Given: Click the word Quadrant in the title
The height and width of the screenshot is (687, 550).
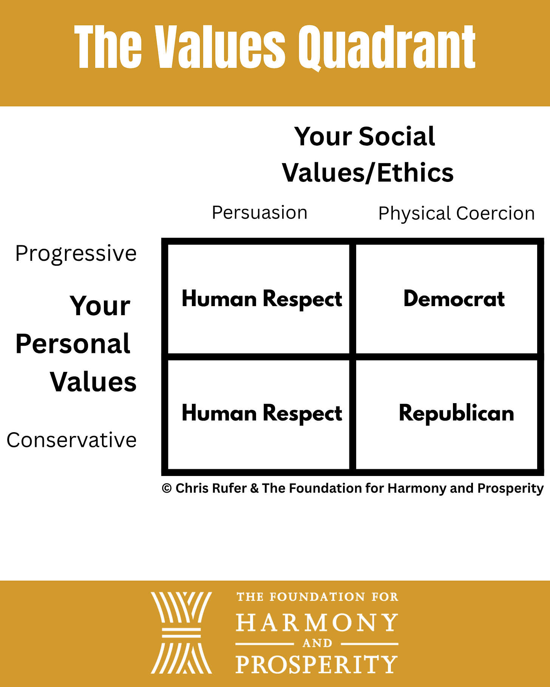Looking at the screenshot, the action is (x=387, y=48).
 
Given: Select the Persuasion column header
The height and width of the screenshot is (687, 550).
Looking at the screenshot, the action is (x=260, y=213).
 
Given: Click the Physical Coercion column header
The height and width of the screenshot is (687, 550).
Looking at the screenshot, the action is (x=456, y=214).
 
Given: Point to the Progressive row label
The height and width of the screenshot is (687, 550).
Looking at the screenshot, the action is (x=76, y=254).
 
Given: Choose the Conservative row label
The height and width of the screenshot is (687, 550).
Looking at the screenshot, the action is (x=71, y=440).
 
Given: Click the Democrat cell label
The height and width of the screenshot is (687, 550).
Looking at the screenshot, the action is (x=454, y=299).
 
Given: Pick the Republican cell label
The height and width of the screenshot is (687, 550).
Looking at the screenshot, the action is (x=456, y=413).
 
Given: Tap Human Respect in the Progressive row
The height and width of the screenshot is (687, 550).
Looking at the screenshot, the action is (x=262, y=299).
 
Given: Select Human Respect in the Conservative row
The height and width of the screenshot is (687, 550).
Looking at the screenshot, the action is (x=262, y=413).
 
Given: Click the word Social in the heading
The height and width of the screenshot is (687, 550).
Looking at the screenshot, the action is (x=397, y=136).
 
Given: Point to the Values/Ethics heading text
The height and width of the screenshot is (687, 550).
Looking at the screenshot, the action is (x=368, y=173).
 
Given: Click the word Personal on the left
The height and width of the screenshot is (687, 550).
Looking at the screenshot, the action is (x=73, y=344).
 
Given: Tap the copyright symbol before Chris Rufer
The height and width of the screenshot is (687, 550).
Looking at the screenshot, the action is (x=167, y=488).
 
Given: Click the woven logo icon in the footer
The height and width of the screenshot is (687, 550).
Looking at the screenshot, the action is (x=181, y=633).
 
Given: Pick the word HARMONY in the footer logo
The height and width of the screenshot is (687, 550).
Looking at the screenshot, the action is (x=317, y=622).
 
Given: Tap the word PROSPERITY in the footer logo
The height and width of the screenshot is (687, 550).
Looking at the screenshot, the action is (x=317, y=664).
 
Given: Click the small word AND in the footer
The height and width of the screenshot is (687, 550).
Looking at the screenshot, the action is (x=317, y=643).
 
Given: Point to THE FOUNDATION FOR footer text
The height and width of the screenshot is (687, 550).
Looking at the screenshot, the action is (x=317, y=597).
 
